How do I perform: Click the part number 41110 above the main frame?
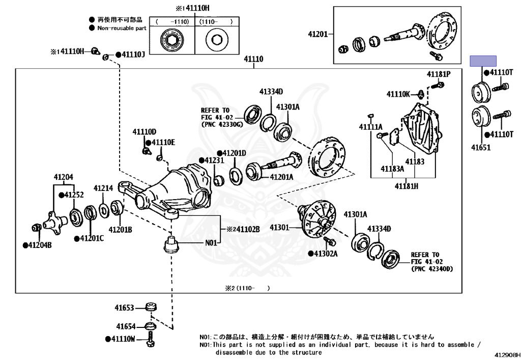point(253,59)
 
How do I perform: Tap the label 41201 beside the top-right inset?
point(318,34)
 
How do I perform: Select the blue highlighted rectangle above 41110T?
point(483,61)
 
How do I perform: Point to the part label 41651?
point(481,147)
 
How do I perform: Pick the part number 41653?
point(124,308)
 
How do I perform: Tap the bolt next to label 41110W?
point(151,339)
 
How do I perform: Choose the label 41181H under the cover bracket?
point(407,186)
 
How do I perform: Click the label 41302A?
point(326,254)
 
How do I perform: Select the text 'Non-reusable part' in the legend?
point(122,28)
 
